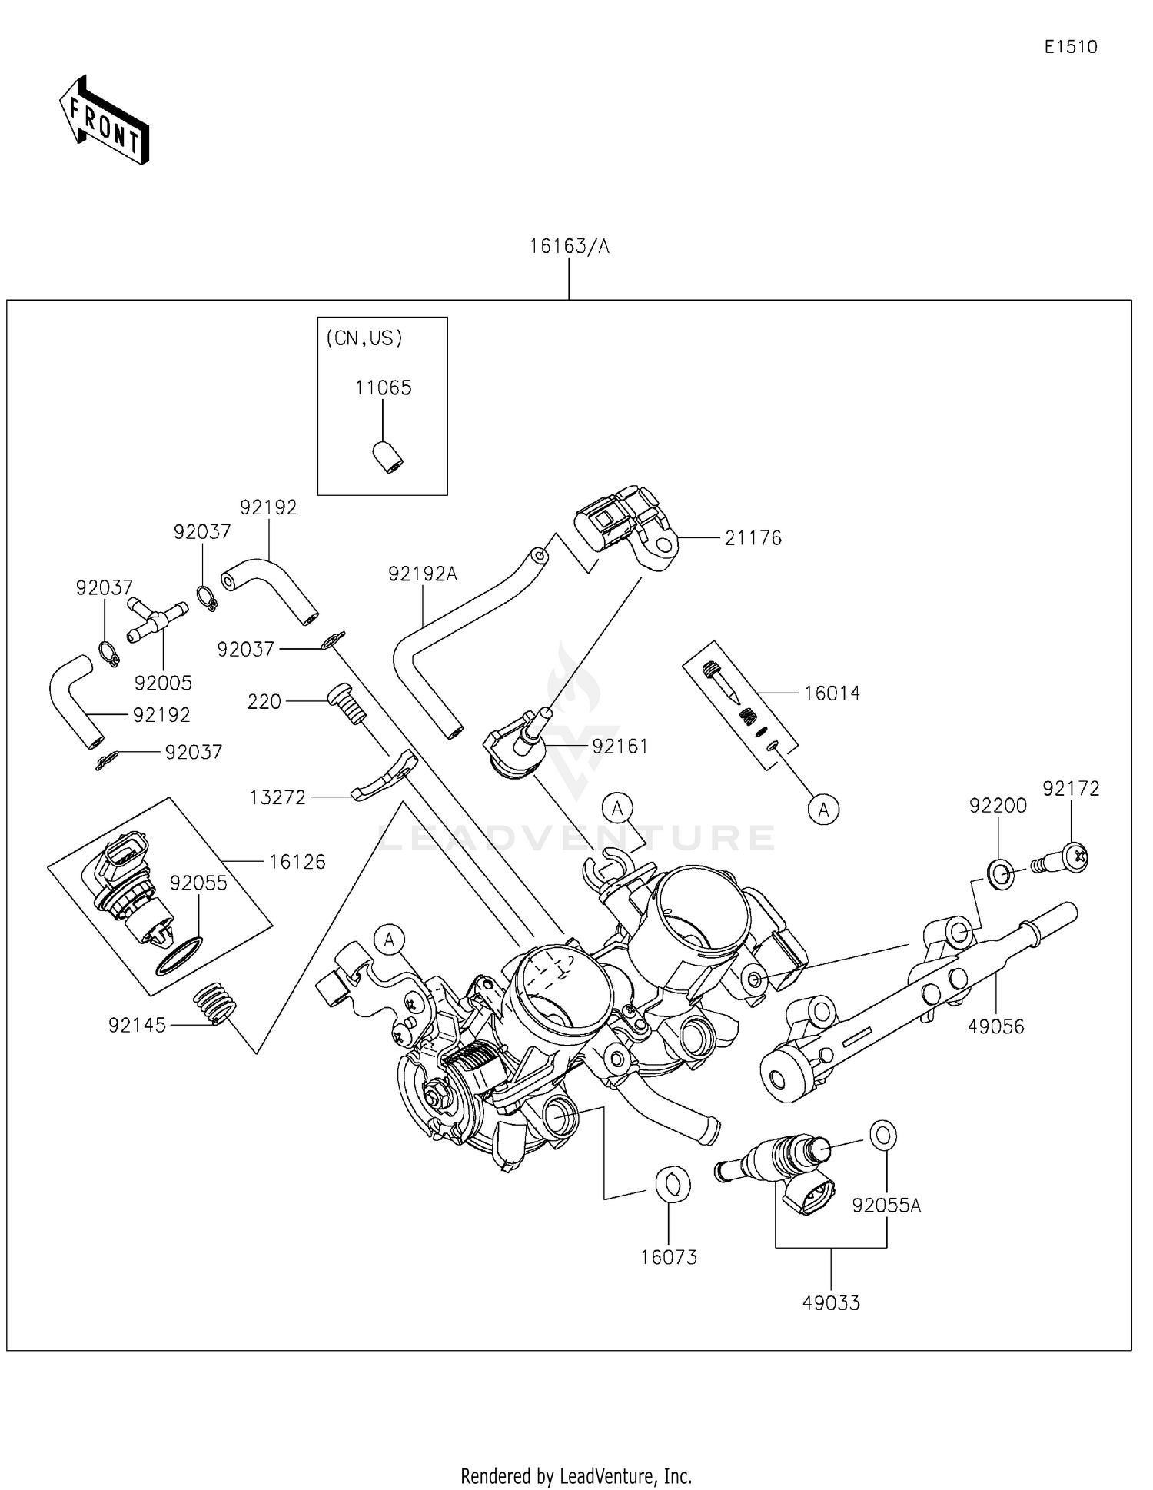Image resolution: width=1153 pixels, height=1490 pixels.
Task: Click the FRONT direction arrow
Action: [x=105, y=120]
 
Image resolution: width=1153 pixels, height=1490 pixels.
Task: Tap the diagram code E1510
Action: [x=1071, y=47]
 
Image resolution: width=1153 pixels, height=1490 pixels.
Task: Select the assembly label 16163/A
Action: [x=569, y=246]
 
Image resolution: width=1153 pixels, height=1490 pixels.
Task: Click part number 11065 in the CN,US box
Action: [x=383, y=387]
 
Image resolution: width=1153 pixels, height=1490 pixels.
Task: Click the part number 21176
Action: [x=753, y=538]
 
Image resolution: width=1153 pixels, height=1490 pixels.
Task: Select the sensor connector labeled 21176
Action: [x=626, y=527]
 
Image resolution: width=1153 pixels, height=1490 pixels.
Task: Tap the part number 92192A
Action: [x=422, y=574]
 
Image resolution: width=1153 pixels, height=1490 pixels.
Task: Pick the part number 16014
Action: [x=832, y=693]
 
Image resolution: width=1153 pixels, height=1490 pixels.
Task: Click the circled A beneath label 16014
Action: [x=824, y=810]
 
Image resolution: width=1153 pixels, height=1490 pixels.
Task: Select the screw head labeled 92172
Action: [x=1076, y=856]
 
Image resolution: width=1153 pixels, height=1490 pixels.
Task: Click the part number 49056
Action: [x=995, y=1026]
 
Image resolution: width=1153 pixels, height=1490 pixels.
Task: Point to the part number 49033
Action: [x=831, y=1303]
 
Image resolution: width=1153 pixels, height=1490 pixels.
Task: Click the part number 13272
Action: [x=277, y=798]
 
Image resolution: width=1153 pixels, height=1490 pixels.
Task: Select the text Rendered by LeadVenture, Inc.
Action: [x=576, y=1476]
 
